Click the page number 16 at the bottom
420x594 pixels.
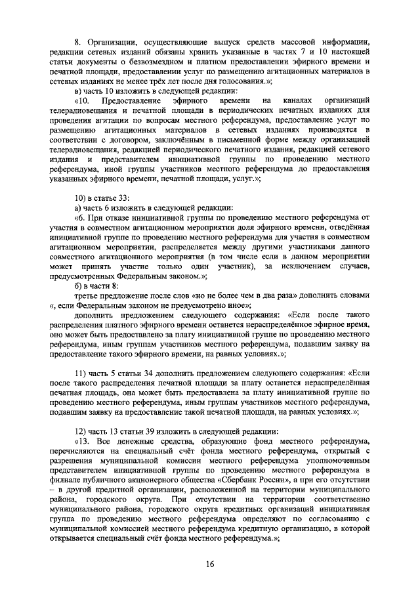210,564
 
